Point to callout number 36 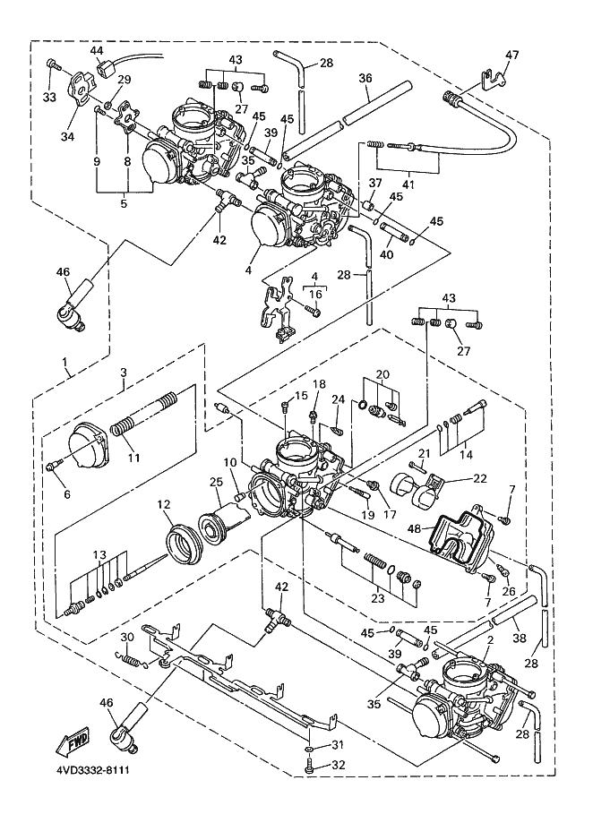(x=365, y=79)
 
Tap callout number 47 (x=511, y=56)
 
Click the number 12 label (x=164, y=505)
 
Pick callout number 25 (x=215, y=483)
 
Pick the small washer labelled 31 (x=308, y=746)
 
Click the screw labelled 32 (x=308, y=767)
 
